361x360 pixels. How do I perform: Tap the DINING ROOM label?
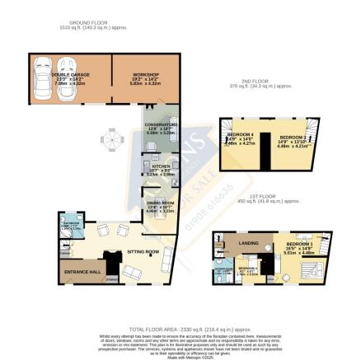[x=159, y=203]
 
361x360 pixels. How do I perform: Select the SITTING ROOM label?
[x=142, y=252]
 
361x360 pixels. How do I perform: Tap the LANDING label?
[x=249, y=244]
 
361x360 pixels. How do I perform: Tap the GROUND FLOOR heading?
[x=102, y=26]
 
